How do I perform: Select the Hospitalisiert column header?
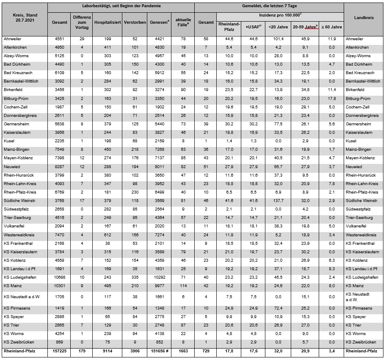tap(108, 22)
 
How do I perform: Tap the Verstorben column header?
tap(135, 22)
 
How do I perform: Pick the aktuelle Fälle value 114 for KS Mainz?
tap(183, 286)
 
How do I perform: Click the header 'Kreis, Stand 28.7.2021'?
tap(25, 18)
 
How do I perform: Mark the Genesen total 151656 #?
tap(159, 352)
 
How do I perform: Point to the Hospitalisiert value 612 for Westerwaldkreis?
tap(108, 235)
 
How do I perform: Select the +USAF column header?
tap(254, 27)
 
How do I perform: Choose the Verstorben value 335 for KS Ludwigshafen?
tap(135, 277)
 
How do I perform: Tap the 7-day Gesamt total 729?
tap(206, 352)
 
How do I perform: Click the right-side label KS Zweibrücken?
tap(361, 342)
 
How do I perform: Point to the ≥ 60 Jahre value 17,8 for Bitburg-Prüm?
tap(331, 99)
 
